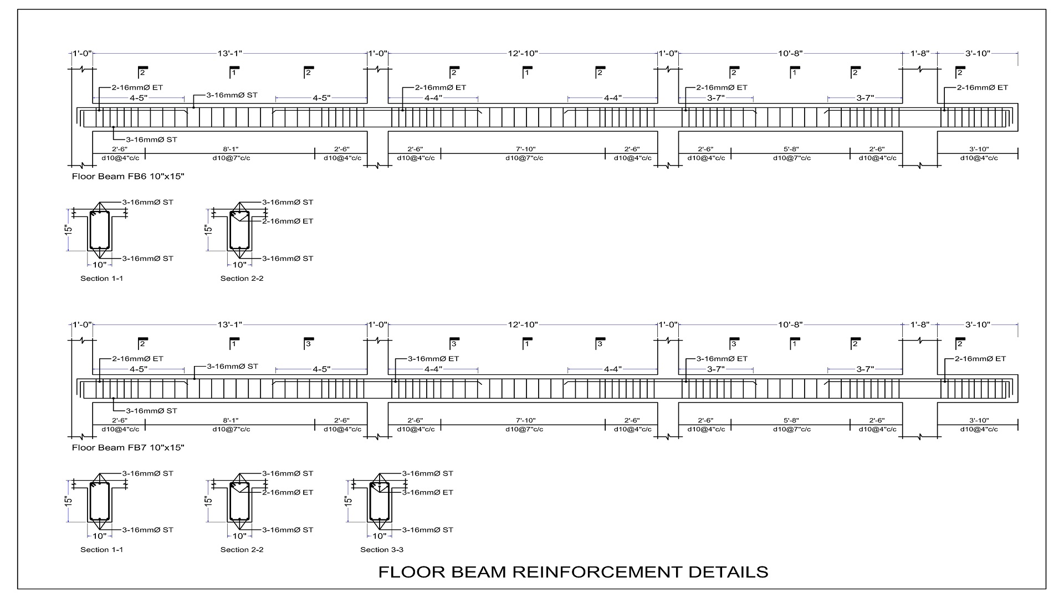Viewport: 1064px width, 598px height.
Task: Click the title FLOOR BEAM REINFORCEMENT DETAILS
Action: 573,572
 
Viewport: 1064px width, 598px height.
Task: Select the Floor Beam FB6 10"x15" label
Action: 128,177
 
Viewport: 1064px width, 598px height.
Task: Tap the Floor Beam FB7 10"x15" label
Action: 128,447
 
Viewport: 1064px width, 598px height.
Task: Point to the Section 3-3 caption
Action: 382,550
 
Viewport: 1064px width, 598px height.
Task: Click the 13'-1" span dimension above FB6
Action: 229,54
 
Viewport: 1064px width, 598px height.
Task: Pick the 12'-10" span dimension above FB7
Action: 523,325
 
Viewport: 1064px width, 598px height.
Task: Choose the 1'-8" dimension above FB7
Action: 920,325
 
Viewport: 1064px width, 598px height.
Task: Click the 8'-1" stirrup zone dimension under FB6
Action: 231,149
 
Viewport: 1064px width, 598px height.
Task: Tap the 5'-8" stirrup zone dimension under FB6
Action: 792,149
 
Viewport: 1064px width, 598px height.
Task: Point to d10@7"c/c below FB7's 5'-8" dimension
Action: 792,430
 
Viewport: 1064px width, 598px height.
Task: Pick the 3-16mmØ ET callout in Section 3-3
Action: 427,492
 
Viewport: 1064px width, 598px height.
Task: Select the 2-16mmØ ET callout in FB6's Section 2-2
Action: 288,221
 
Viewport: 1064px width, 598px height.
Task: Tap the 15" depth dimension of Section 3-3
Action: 348,501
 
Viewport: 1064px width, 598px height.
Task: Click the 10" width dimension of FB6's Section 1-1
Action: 100,265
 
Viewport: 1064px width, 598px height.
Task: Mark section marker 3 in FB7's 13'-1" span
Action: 308,344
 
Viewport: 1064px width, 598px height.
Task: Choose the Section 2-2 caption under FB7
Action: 242,550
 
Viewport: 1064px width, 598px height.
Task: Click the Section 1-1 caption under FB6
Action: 102,279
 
